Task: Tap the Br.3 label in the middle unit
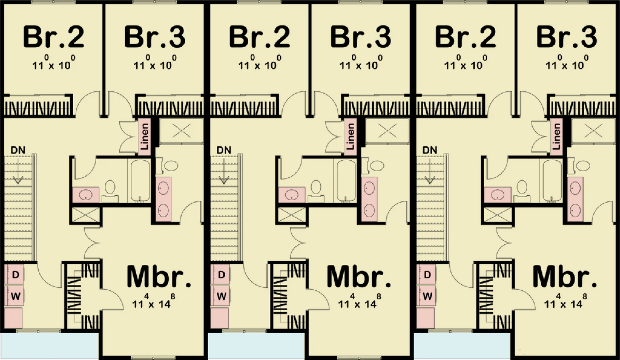pos(361,38)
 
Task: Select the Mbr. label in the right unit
pos(565,277)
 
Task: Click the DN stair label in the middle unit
pos(224,150)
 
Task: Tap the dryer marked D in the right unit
pos(427,275)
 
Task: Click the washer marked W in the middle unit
pos(221,296)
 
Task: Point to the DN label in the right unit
pos(430,150)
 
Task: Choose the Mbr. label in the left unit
pos(159,277)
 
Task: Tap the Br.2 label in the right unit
pos(465,38)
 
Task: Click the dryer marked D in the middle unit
pos(221,275)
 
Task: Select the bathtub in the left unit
pos(140,181)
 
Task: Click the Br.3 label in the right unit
pos(566,38)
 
